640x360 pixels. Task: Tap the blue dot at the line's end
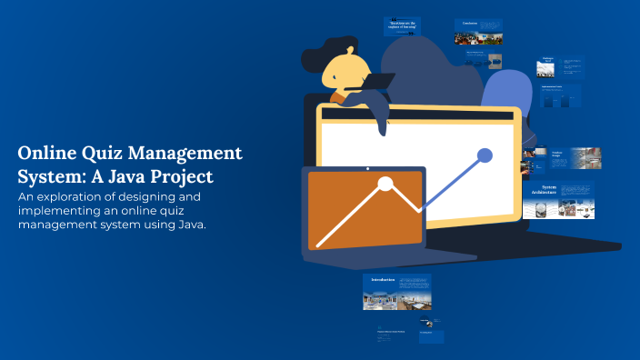(485, 155)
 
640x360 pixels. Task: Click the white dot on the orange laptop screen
(385, 185)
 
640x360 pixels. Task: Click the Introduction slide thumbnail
(396, 293)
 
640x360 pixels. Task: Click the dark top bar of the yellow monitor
(418, 115)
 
